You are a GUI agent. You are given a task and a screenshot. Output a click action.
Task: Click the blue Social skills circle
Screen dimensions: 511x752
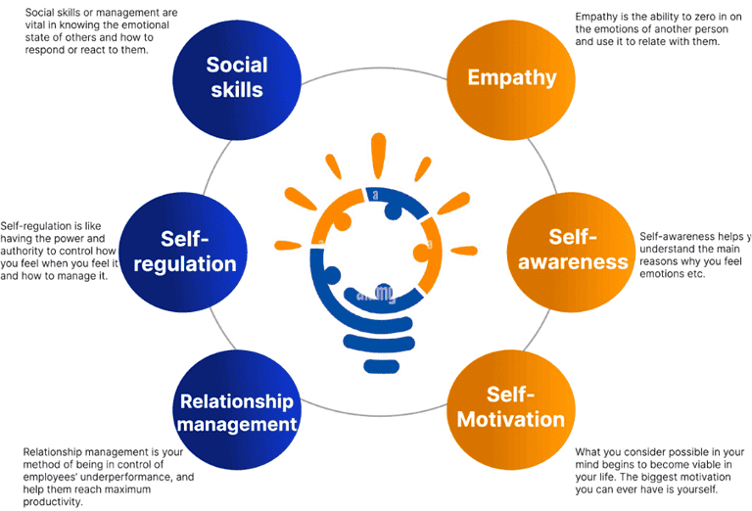[x=235, y=75]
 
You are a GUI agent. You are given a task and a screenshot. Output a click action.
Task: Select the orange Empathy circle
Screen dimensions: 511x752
[x=511, y=77]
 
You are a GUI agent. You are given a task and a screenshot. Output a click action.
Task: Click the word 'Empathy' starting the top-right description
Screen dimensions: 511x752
[x=598, y=17]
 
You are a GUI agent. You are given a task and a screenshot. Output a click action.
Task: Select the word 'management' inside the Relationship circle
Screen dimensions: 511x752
[x=238, y=425]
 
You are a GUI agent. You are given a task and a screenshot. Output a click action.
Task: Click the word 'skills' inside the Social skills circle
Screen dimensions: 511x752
[x=235, y=88]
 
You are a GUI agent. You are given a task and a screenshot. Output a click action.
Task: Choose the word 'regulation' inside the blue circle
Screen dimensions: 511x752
[x=199, y=264]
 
